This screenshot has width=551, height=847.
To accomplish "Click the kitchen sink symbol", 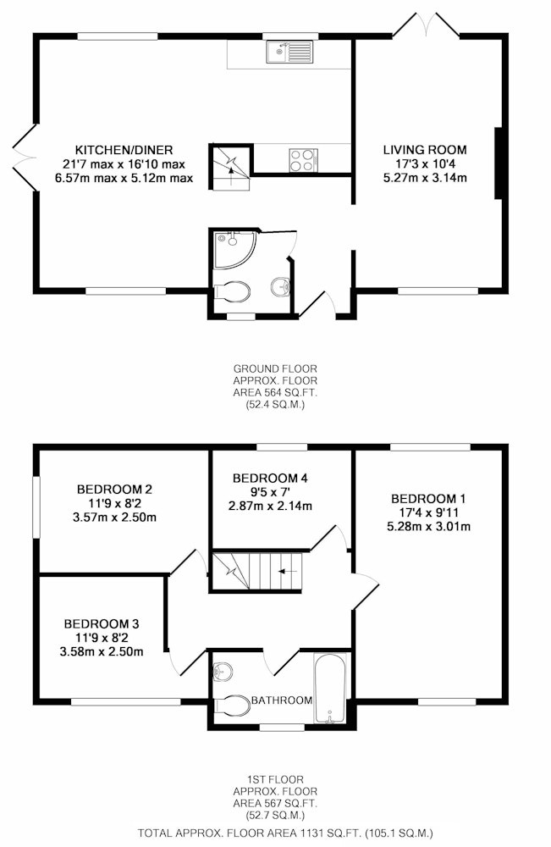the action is pos(289,52).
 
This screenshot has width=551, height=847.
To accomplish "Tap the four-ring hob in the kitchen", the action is pos(303,160).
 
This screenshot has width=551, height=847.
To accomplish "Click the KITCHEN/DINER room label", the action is pos(124,150).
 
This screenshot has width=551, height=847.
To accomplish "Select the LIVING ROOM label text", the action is pos(425,150).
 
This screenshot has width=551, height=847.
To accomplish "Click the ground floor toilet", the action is pos(232,292).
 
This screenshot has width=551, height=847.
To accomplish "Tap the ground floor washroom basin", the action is pos(281,286).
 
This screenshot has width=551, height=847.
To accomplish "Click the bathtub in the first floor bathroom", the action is pos(330,687).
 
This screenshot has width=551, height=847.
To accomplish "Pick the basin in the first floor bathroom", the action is pos(223,672).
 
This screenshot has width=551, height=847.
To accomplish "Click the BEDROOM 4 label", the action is pos(270,478).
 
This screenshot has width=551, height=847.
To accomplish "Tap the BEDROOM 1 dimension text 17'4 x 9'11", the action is pos(430,512).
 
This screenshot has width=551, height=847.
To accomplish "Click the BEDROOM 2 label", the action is pos(114,490).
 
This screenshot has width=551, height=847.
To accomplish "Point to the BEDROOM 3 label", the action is pos(102,624).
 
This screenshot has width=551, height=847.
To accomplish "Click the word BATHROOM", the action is pos(282,700).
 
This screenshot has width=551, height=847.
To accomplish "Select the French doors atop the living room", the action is pos(427,25).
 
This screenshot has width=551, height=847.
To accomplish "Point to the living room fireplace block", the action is pos(499,163).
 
